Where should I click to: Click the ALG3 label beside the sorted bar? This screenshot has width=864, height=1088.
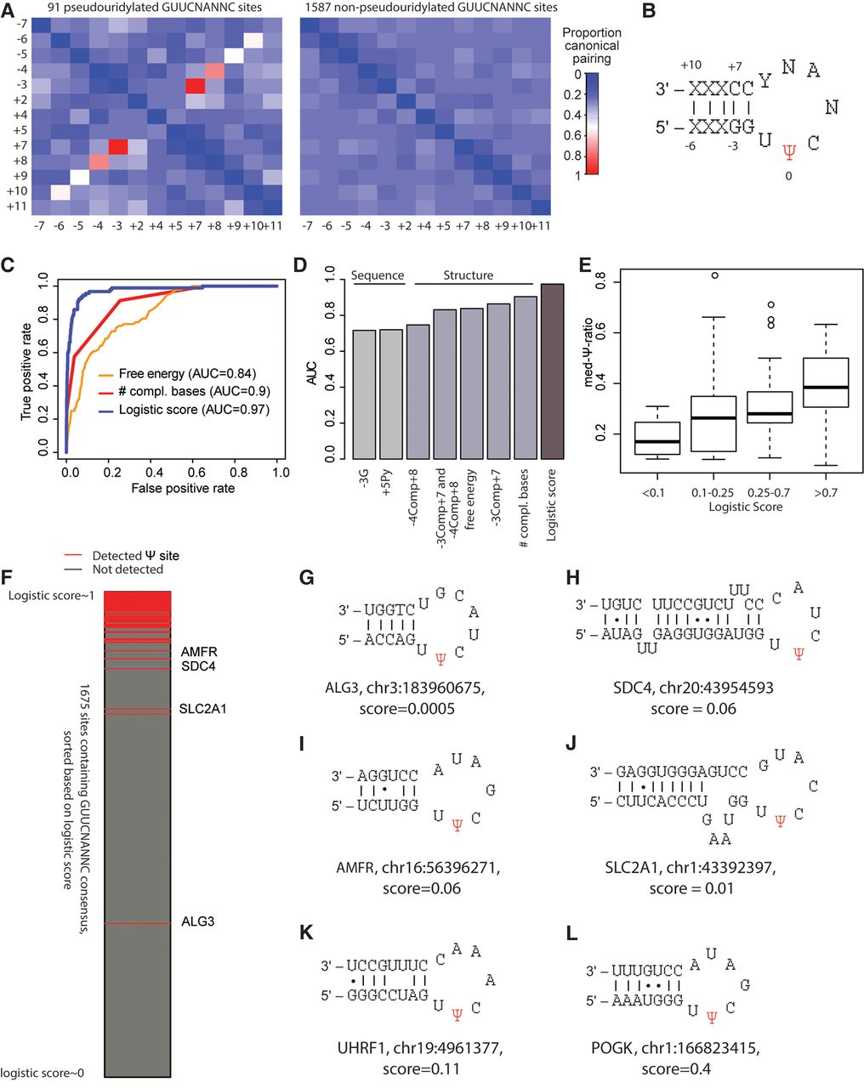197,921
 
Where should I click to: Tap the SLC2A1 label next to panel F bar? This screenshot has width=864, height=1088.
202,709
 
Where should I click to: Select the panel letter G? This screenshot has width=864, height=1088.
307,578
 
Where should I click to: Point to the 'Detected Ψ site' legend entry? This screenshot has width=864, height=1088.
135,555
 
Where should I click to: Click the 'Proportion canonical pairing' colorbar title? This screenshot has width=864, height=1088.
592,45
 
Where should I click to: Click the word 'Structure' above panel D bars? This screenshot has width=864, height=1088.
468,275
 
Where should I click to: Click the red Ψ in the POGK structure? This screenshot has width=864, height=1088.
712,1017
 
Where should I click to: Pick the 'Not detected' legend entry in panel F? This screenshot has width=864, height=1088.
128,569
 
